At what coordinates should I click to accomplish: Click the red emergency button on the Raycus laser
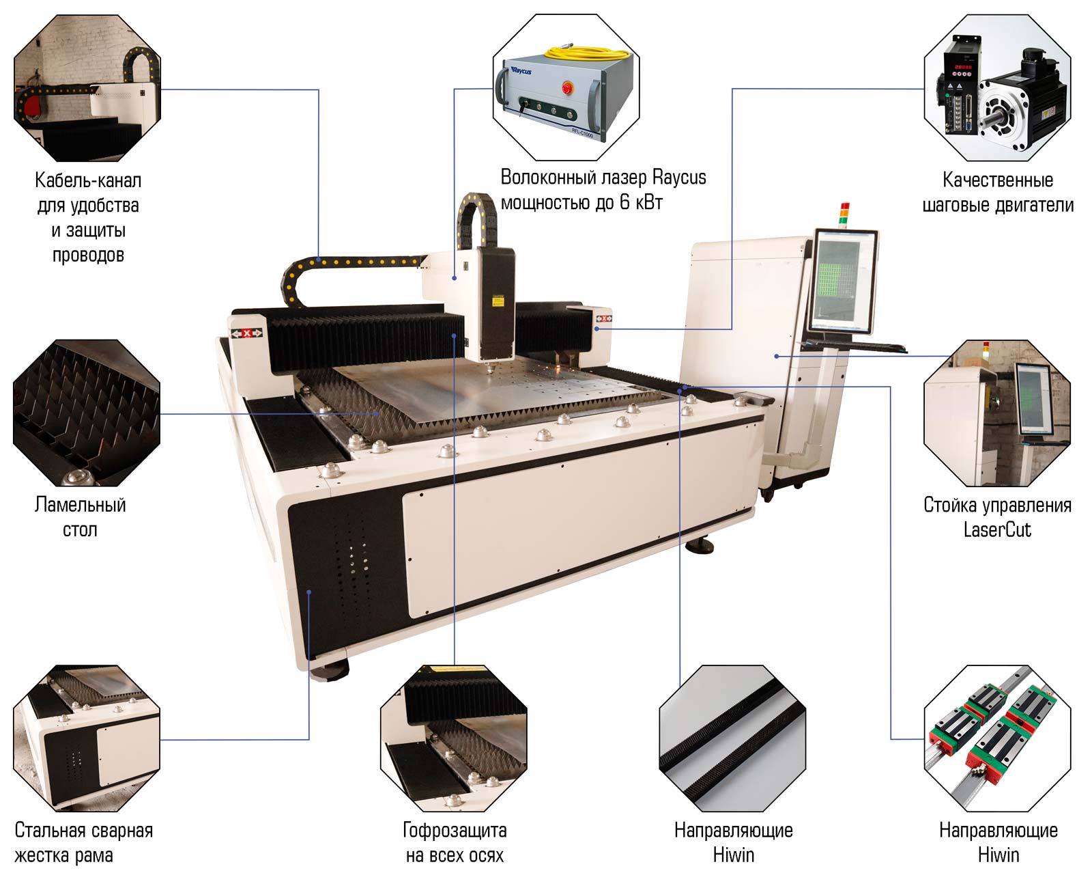coord(566,87)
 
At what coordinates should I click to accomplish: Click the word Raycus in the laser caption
coord(679,178)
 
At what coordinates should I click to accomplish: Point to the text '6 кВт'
coord(641,202)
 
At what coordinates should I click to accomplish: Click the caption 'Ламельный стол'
coord(81,517)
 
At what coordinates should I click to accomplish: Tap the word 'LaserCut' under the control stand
coord(996,530)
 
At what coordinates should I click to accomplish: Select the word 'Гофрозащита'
coord(455,831)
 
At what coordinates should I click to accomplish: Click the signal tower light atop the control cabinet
coord(844,213)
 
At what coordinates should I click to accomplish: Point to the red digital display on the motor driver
coord(962,67)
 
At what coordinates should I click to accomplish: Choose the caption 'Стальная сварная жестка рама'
coord(83,843)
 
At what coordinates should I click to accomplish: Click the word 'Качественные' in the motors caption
coord(997,180)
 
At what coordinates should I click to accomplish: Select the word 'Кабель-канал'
coord(88,181)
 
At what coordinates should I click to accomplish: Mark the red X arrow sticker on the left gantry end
coord(246,333)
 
